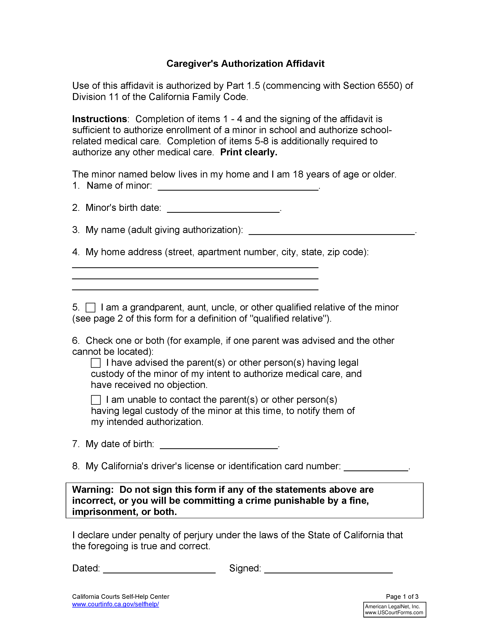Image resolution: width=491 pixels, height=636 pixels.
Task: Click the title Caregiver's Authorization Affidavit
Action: tap(245, 63)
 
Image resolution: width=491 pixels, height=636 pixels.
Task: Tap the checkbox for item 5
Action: tap(90, 308)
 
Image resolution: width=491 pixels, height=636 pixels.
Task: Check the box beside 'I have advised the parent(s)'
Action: tap(96, 363)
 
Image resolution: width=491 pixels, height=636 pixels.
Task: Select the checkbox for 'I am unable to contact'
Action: tap(96, 400)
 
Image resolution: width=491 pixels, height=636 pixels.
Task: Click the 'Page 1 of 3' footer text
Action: tap(402, 596)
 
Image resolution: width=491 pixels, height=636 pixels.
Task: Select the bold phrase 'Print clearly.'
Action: tap(249, 152)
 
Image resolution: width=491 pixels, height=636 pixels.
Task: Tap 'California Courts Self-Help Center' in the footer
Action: tap(120, 596)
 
